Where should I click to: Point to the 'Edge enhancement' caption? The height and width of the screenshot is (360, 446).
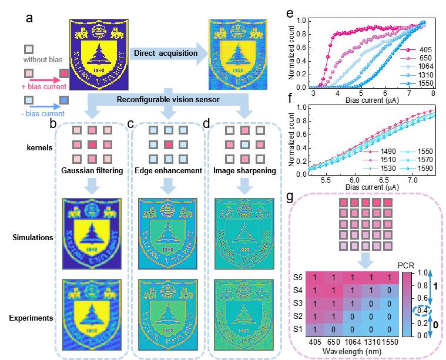[x=166, y=171]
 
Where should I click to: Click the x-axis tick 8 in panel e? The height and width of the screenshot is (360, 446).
[x=433, y=93]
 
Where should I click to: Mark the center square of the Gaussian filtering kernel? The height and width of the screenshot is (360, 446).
[x=92, y=144]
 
